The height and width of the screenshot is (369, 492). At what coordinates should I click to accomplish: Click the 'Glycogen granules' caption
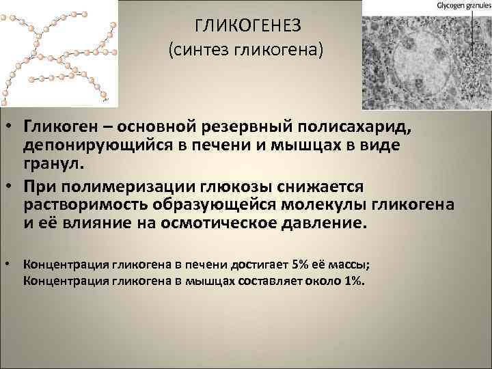(x=460, y=5)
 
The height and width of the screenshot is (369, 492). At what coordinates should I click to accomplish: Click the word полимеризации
(x=117, y=187)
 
